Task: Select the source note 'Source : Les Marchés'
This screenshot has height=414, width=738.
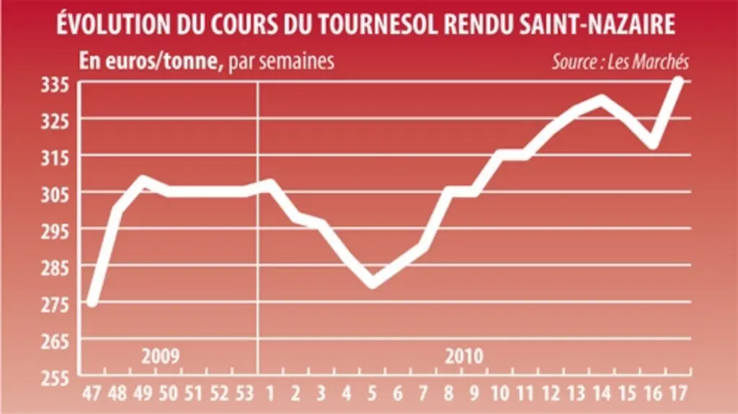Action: point(621,62)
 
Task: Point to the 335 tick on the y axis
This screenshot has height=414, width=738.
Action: point(55,85)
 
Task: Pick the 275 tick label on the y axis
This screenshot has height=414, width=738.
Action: point(55,305)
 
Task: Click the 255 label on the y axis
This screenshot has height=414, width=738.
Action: point(55,378)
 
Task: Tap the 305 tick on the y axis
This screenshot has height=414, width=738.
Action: point(55,195)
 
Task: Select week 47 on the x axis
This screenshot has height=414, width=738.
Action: point(92,393)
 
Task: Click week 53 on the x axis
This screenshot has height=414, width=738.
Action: point(244,393)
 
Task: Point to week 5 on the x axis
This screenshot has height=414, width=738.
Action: point(372,393)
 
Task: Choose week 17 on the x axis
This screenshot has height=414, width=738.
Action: point(678,393)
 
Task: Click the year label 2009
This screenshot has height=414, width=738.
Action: point(161,356)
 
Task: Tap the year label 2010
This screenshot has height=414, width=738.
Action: point(464,356)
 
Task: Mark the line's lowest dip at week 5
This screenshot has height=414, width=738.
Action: point(373,283)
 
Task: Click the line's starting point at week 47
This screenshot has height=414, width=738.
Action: point(92,302)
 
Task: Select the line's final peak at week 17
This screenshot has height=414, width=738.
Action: point(679,81)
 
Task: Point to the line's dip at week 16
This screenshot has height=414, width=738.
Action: point(653,144)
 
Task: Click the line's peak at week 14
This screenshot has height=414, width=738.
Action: point(602,99)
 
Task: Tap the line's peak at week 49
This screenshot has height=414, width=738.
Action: point(143,180)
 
